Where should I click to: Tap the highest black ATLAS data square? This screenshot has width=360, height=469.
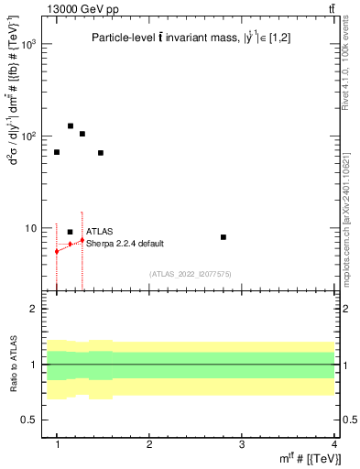pos(71,126)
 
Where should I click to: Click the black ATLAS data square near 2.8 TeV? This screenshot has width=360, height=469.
pos(224,237)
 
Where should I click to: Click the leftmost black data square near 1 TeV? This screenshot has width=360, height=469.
pos(57,152)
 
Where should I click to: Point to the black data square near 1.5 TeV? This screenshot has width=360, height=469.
pos(101,153)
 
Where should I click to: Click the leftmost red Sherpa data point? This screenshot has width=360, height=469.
pos(57,251)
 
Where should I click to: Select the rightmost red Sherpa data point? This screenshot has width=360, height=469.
pos(82,240)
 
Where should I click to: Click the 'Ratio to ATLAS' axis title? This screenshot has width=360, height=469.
pos(14,365)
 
